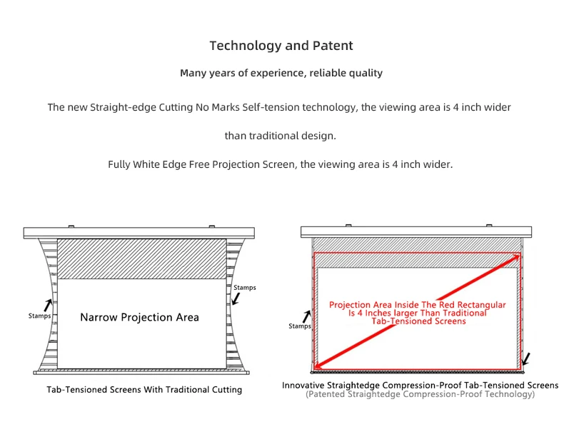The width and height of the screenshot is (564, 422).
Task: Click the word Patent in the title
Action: [332, 46]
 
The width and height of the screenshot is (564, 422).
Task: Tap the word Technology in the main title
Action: [245, 46]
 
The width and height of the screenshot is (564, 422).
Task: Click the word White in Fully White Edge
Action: [153, 164]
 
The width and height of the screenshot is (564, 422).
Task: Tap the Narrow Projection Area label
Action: [139, 317]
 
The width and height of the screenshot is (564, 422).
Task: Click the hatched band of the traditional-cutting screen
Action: [141, 258]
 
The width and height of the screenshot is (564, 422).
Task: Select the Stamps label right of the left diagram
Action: [244, 288]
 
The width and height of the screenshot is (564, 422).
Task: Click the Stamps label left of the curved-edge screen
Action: [39, 315]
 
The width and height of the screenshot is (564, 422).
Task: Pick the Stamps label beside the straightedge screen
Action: [300, 326]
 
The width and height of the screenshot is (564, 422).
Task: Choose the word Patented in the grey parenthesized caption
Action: [330, 394]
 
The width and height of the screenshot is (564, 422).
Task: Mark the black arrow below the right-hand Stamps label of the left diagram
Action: [236, 300]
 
